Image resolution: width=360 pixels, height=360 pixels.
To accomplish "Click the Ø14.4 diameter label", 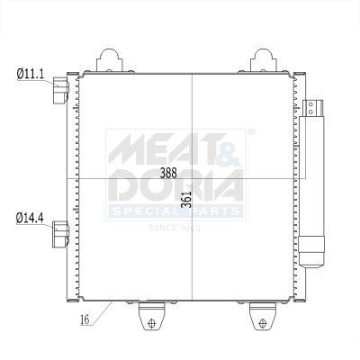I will pos(30,217).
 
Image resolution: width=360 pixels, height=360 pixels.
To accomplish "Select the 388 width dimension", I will pos(167,173).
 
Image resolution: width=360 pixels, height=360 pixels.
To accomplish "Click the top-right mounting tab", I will pos(265,59).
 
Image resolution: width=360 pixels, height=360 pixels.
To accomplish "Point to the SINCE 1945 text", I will pos(175,228).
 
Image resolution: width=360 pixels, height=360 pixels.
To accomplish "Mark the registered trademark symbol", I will pos(249,132).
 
